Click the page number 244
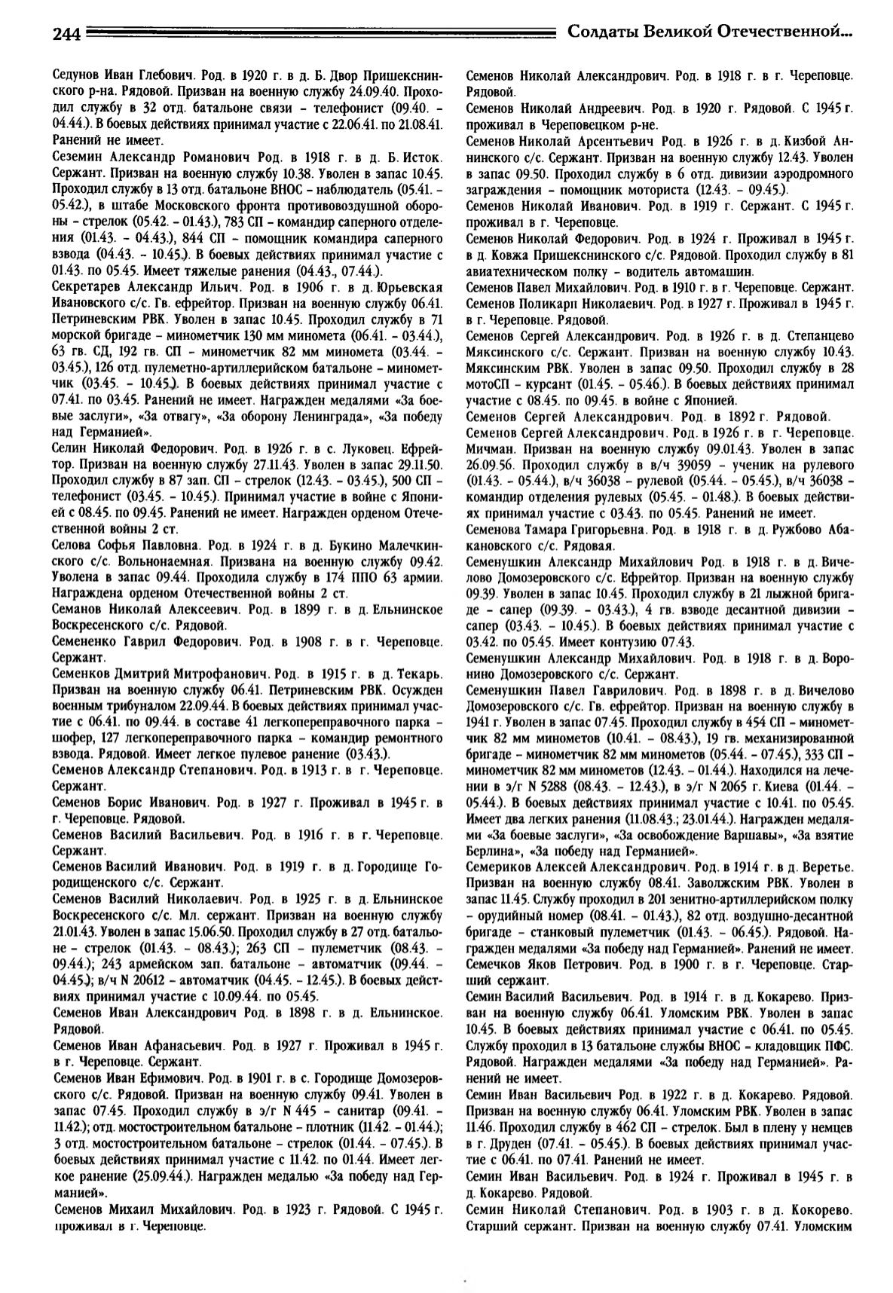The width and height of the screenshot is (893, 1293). (68, 32)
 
